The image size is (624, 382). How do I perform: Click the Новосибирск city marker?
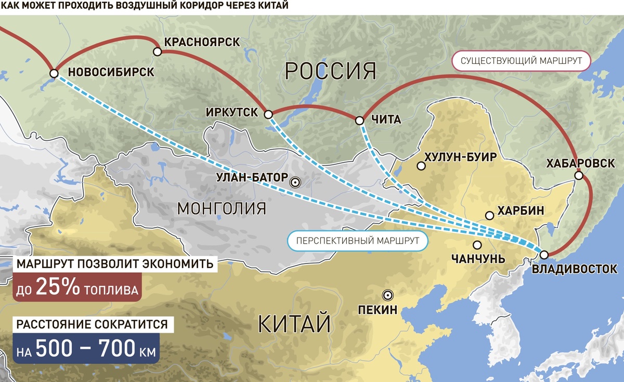coord(54,74)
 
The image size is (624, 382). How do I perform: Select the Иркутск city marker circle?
coord(268,114)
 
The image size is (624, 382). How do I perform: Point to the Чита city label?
coord(386,120)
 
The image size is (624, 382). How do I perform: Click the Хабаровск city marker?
coord(578,176)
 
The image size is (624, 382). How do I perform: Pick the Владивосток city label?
coord(574,269)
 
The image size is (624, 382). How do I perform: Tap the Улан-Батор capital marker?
coord(295,182)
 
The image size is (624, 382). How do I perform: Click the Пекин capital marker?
coord(387,295)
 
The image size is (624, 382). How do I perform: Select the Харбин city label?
coord(521,211)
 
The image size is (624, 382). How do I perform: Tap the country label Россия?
coord(331,70)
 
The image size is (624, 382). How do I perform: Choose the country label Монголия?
coord(222,208)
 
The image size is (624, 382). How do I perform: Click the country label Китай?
coord(294,324)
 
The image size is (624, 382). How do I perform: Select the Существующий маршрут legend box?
coord(521,61)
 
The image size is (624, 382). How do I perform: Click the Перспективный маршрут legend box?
coord(357,241)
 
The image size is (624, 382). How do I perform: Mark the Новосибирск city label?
coord(111,72)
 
